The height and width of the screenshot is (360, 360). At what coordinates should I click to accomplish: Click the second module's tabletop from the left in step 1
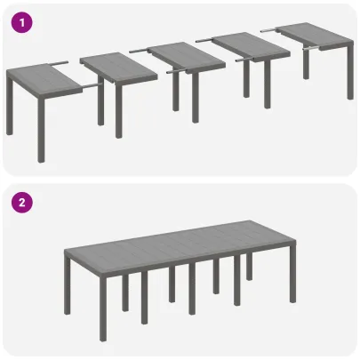click(x=112, y=63)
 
